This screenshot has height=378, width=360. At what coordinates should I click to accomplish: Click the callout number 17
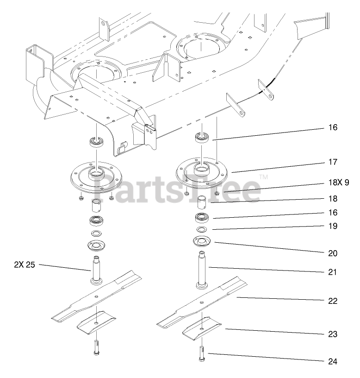[x=332, y=163]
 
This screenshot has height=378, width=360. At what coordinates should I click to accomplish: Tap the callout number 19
[x=332, y=227]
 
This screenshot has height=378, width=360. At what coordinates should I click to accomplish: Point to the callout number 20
[x=332, y=253]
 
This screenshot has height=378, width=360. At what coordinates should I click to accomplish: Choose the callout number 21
[x=332, y=272]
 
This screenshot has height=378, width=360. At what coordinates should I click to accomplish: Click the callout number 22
[x=332, y=301]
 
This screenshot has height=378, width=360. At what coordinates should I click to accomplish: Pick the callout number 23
[x=332, y=334]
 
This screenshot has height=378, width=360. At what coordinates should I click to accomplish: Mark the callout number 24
[x=332, y=361]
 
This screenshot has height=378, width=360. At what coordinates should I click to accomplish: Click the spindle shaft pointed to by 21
[x=202, y=271]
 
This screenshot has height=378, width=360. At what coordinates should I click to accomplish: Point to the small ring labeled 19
[x=202, y=230]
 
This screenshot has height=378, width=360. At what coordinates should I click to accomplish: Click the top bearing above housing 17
[x=202, y=137]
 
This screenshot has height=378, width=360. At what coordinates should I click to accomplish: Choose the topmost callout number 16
[x=332, y=127]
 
